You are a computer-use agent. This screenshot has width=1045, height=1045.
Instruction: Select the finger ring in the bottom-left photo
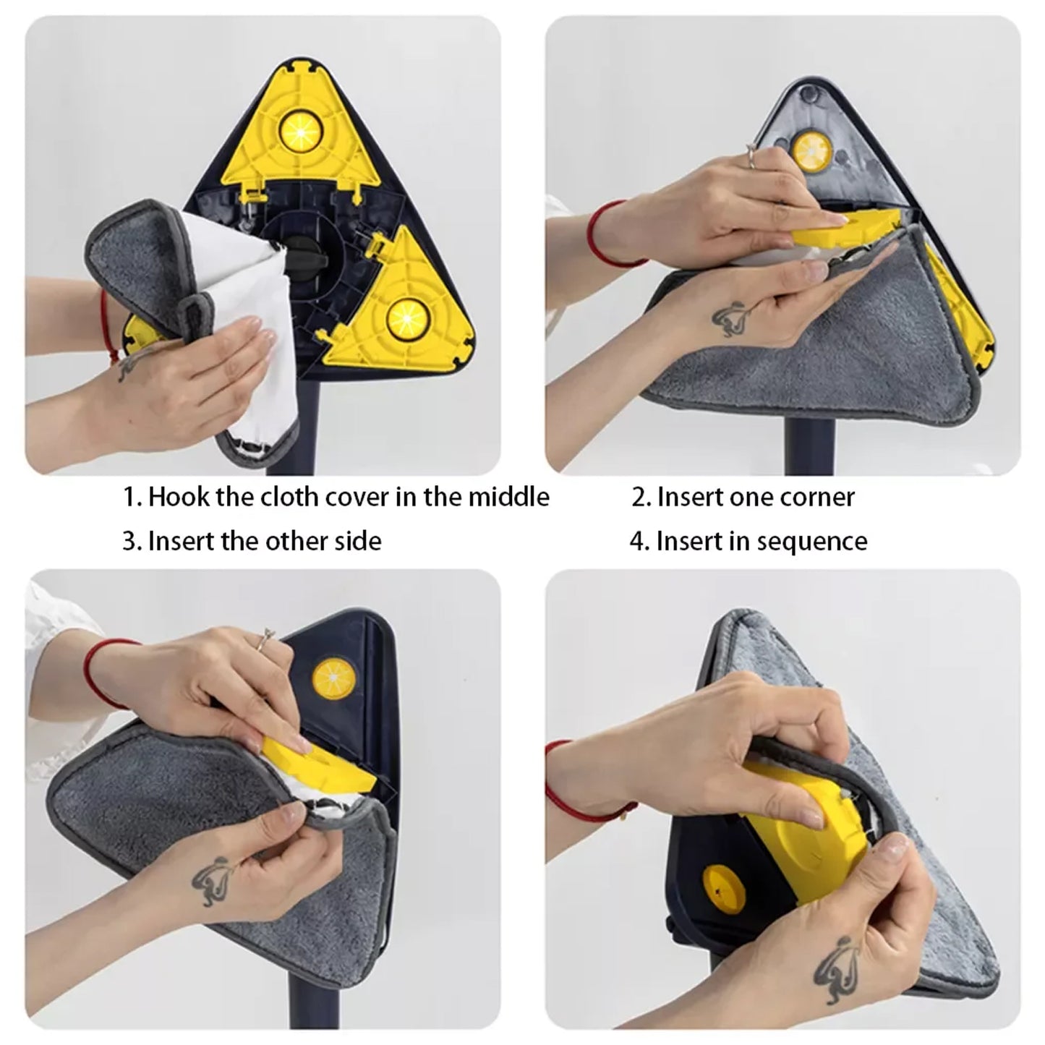[x=268, y=636]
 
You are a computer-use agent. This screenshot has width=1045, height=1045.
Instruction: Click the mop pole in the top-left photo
[x=312, y=423]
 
